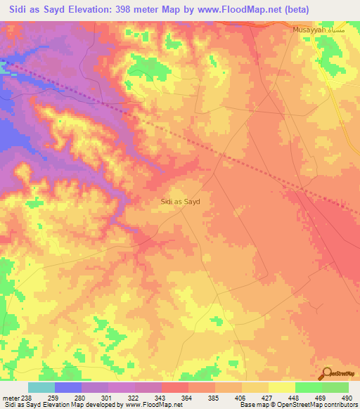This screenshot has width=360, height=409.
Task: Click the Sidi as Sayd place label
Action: point(181,201)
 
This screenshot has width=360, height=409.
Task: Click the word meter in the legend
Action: point(11,398)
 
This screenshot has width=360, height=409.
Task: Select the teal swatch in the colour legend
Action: point(41,387)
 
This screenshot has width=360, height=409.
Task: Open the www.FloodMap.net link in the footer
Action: point(150,405)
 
